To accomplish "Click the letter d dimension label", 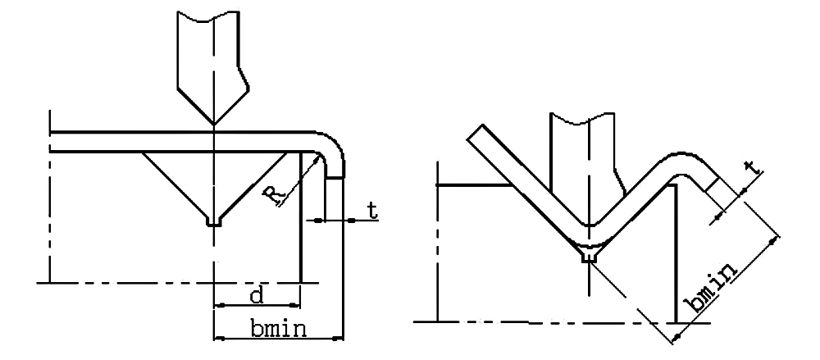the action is pos(256,296).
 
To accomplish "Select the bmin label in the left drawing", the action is pos(278,329).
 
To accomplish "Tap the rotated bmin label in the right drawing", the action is pos(713,289).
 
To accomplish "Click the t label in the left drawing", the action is pos(371,211).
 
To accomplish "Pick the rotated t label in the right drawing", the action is pos(752,167).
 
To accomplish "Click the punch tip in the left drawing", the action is pos(214,125).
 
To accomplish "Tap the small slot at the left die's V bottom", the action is pos(214,222).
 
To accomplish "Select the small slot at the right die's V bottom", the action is pos(590,257).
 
